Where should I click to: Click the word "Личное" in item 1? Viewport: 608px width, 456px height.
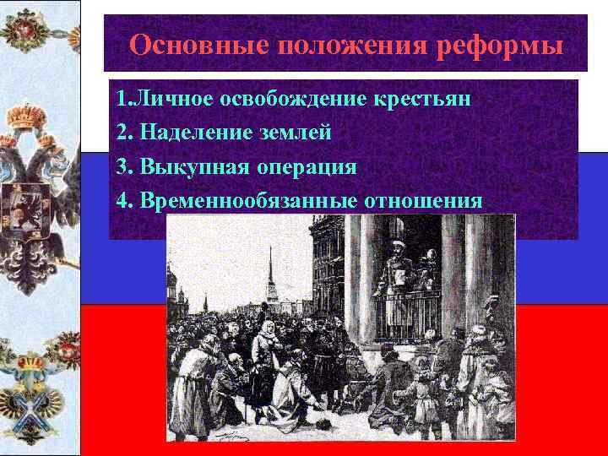(x=173, y=100)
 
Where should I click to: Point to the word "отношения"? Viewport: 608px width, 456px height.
(x=423, y=201)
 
